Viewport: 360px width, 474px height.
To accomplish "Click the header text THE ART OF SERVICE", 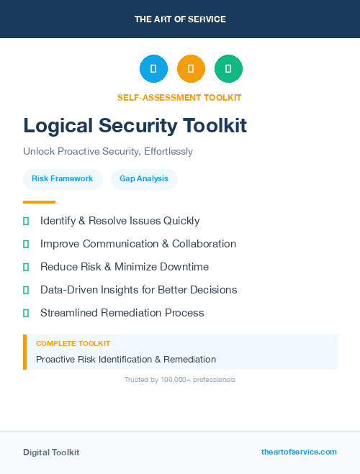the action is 180,19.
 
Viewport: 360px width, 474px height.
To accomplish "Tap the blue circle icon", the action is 153,69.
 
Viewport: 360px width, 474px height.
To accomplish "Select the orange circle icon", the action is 191,69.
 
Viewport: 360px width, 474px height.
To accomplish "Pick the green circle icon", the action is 228,69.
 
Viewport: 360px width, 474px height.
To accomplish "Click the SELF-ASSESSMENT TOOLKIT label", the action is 179,98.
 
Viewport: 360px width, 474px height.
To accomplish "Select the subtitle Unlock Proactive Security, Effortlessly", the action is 108,152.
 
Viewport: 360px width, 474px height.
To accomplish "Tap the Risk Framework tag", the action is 63,178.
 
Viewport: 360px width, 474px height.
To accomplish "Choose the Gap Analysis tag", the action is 144,178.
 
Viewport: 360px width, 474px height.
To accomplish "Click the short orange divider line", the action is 39,202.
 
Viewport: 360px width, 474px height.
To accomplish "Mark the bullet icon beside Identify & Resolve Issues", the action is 26,221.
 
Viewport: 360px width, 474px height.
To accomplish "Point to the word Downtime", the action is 184,267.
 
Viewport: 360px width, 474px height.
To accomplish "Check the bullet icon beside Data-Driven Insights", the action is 26,290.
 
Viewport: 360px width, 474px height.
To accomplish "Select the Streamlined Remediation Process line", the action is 122,313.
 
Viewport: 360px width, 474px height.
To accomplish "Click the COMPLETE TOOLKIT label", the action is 73,344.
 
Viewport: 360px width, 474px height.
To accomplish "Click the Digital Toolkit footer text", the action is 51,452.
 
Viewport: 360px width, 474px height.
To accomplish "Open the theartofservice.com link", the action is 299,452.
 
